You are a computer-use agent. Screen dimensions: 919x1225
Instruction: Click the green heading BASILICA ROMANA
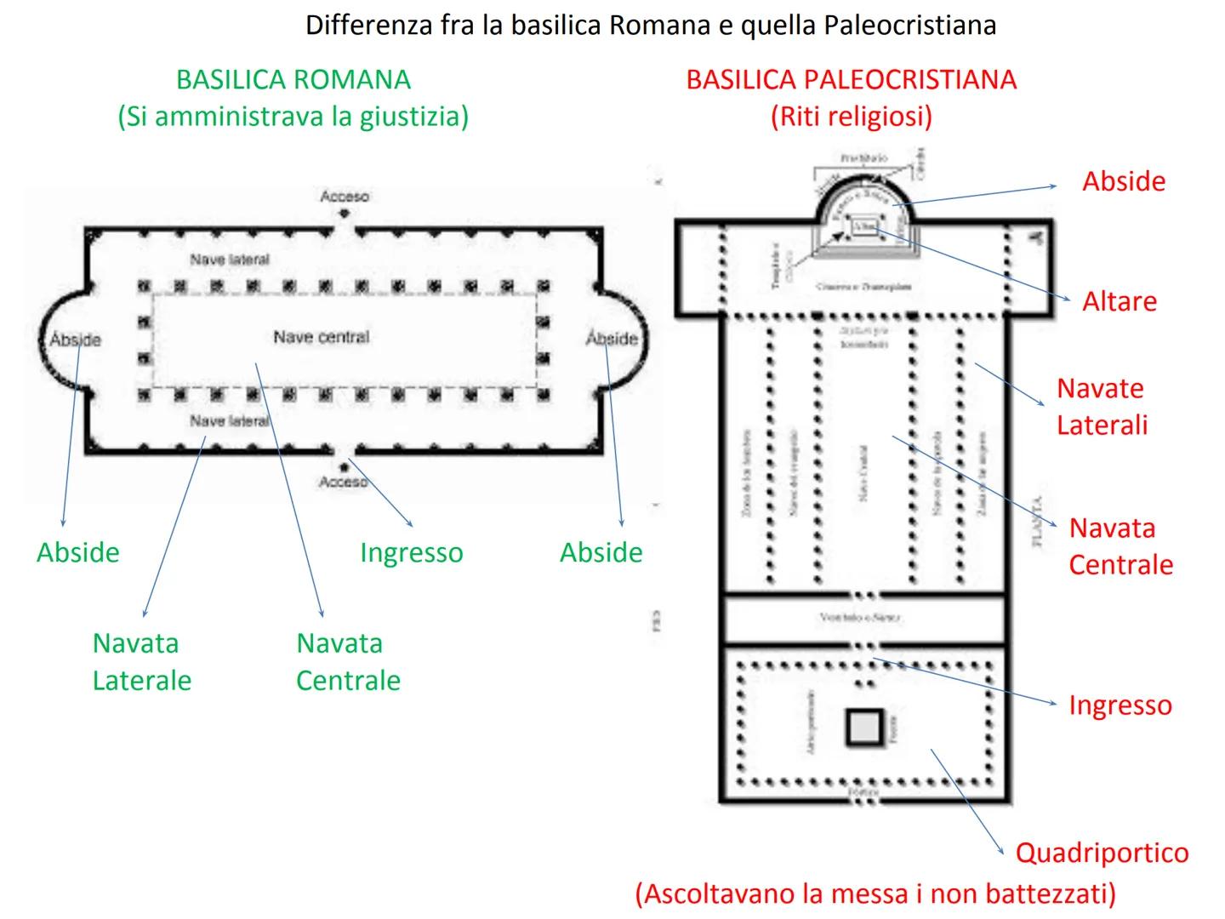click(x=293, y=80)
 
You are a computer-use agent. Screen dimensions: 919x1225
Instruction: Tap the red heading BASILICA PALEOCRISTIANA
click(x=851, y=80)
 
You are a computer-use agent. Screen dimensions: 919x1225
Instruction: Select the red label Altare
click(x=1120, y=301)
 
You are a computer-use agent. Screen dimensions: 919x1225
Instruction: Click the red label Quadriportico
click(x=1102, y=853)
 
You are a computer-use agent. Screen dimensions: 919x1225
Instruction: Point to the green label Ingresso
click(x=412, y=552)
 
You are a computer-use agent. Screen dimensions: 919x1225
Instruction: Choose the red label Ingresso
click(x=1120, y=705)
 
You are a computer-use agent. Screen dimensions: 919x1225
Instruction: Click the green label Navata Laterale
click(x=141, y=662)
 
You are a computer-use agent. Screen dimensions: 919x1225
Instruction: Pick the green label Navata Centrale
click(x=348, y=662)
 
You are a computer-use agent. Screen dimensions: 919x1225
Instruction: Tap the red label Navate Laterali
click(x=1102, y=407)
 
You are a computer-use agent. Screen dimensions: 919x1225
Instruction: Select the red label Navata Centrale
click(x=1120, y=546)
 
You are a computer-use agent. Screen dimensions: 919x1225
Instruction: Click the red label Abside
click(x=1124, y=181)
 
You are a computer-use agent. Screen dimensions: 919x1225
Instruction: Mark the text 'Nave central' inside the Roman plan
click(x=321, y=337)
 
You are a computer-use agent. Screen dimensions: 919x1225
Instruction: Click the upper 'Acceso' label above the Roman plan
click(x=345, y=197)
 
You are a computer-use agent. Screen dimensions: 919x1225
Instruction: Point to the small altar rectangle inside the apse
click(x=865, y=226)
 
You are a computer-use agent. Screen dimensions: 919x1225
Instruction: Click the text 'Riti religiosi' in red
click(x=851, y=117)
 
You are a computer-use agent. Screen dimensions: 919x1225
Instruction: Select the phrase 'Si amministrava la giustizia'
click(x=293, y=117)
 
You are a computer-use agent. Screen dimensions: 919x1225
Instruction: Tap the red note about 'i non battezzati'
click(x=875, y=893)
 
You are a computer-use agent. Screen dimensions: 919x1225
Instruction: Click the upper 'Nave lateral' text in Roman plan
click(x=230, y=260)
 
